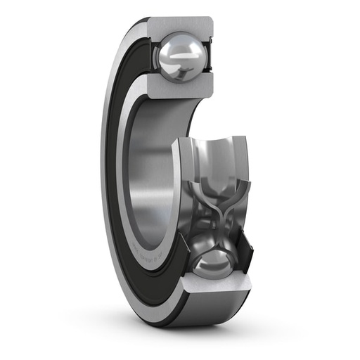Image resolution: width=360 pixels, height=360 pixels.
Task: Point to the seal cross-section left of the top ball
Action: click(150, 56)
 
